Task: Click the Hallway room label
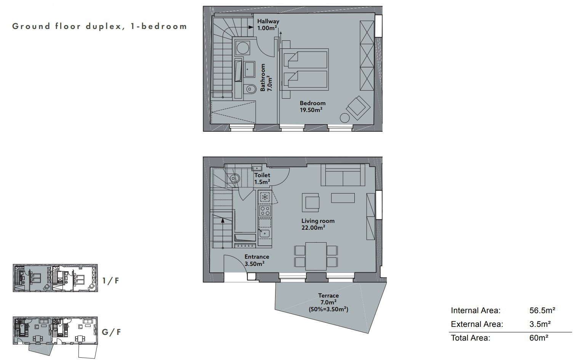268,25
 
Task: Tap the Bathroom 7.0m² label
266,77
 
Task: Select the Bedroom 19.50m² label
312,106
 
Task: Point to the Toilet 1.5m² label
262,178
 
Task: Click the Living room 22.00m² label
318,224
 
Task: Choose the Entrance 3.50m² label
256,260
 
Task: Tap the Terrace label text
328,296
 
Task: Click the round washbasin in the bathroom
243,48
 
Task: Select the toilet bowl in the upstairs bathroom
250,89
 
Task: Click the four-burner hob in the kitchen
265,211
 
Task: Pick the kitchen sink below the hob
264,233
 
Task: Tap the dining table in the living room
316,256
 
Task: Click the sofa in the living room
343,175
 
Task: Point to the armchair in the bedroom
358,108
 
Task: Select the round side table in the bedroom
344,118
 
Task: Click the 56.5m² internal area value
542,310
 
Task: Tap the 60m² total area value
539,338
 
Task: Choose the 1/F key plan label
111,281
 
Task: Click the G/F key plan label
111,332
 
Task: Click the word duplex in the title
104,27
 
